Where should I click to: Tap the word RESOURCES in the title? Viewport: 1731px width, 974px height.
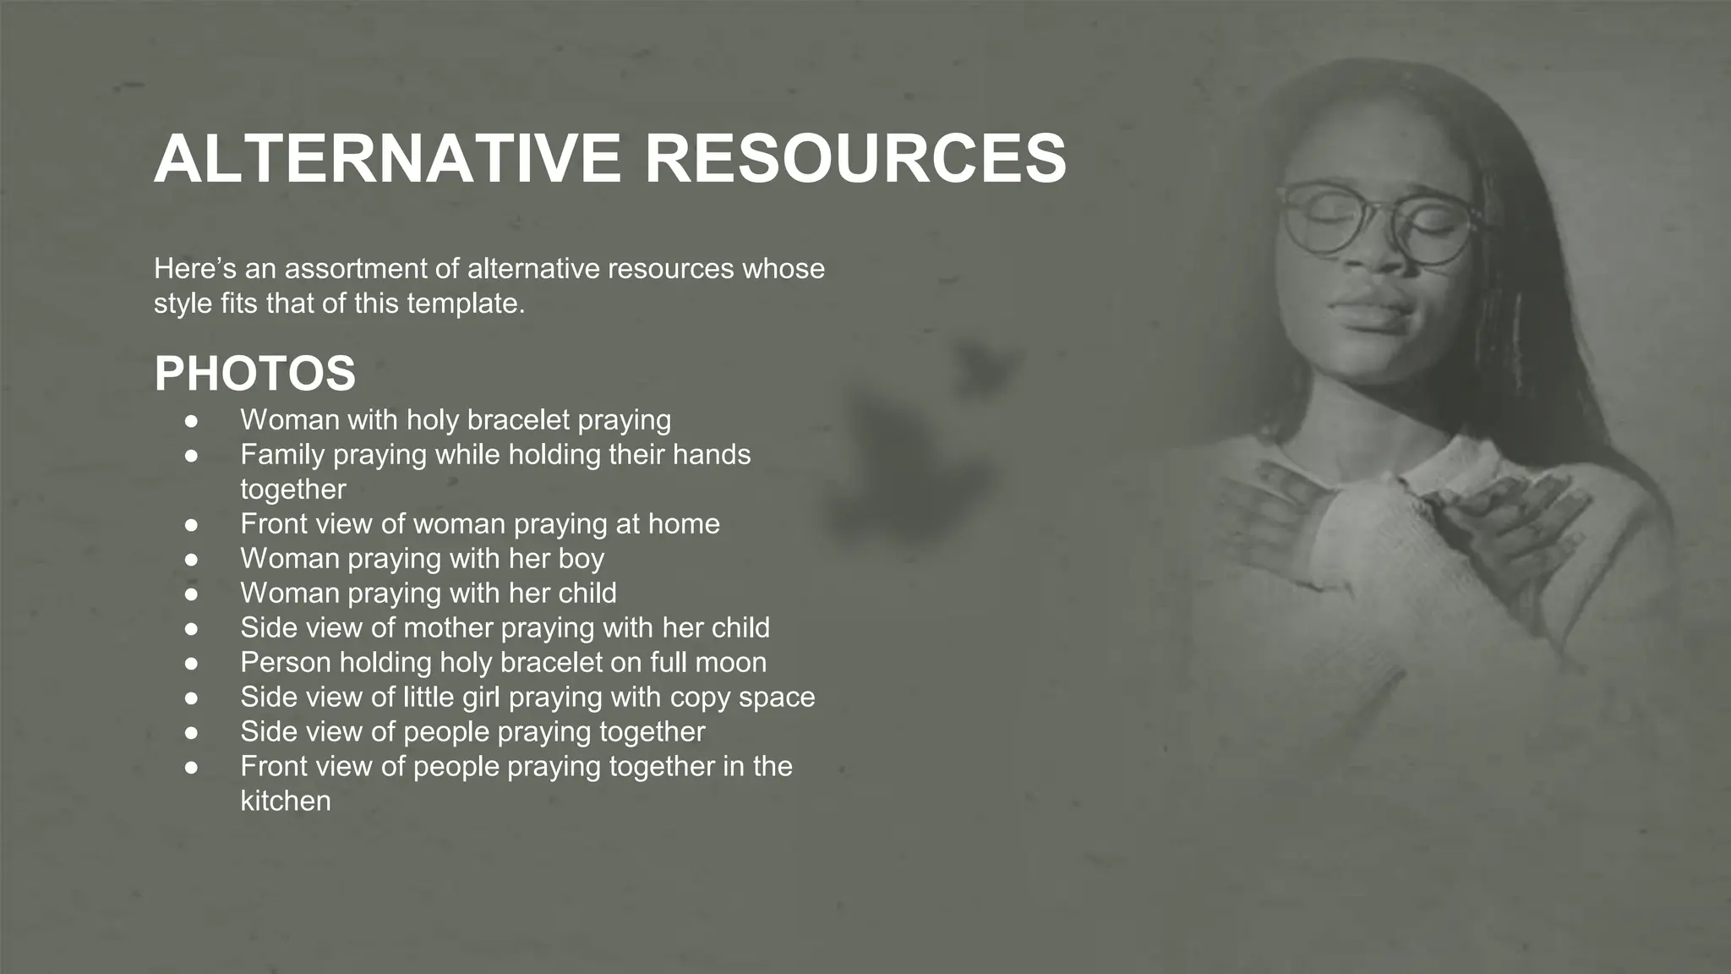[x=855, y=158]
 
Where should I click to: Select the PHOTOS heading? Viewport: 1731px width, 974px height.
[x=254, y=374]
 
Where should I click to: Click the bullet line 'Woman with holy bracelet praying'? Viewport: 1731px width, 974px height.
[x=456, y=419]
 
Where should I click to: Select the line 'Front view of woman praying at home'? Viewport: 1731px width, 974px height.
[x=479, y=523]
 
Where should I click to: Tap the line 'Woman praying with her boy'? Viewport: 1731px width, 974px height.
[x=422, y=558]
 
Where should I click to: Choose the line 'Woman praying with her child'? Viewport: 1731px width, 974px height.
[x=428, y=593]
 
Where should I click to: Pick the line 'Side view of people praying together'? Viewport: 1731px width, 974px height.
[x=472, y=731]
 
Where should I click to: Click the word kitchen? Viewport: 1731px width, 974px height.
[x=286, y=801]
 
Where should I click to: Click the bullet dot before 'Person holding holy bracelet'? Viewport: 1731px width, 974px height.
[x=192, y=663]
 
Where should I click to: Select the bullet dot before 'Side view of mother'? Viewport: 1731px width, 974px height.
[x=192, y=628]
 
